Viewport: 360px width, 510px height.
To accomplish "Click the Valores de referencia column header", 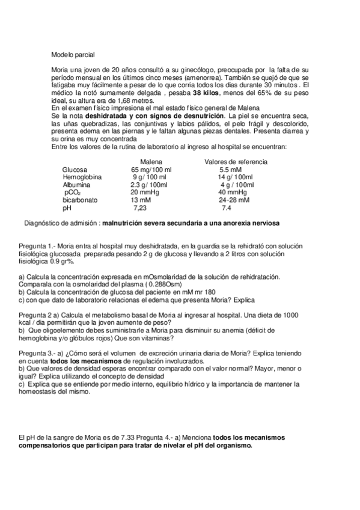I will pyautogui.click(x=236, y=162).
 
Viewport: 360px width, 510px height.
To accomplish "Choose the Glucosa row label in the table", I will pyautogui.click(x=75, y=170).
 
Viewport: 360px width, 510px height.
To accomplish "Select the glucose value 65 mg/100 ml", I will pyautogui.click(x=151, y=170).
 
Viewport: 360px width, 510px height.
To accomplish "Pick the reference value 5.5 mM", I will pyautogui.click(x=231, y=170).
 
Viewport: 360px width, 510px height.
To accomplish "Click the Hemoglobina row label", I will pyautogui.click(x=82, y=177).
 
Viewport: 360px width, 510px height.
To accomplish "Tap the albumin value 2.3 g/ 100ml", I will pyautogui.click(x=149, y=185).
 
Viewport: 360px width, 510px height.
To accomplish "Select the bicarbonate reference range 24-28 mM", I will pyautogui.click(x=234, y=200).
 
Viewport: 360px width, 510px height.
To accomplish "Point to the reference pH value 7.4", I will pyautogui.click(x=227, y=208).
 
